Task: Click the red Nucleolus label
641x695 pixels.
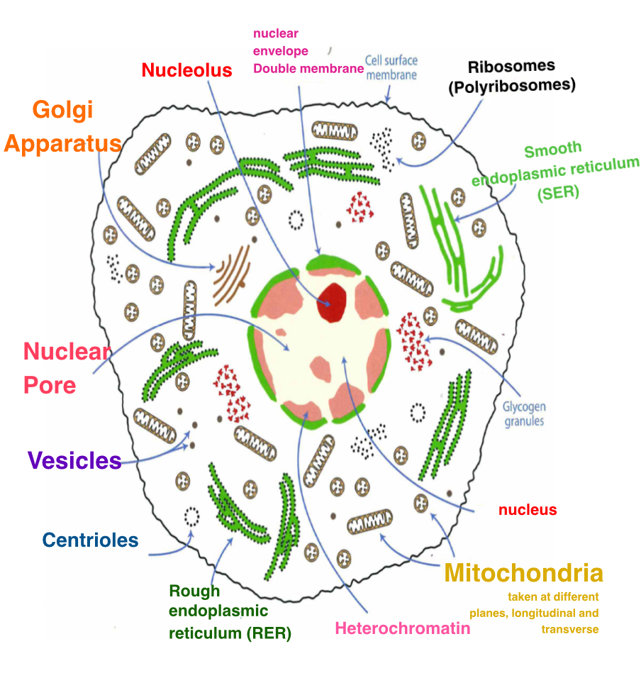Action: coord(187,70)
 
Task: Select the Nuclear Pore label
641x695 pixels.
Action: coord(67,368)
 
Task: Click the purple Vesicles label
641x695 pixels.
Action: coord(74,461)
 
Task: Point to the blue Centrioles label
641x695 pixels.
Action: coord(90,540)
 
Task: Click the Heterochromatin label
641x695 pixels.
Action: coord(402,628)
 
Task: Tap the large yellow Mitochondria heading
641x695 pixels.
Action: coord(523,573)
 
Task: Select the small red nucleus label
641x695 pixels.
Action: coord(528,510)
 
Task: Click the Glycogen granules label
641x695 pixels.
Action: coord(524,414)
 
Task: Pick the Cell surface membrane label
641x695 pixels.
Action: coord(391,68)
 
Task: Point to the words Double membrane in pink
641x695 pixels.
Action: coord(308,69)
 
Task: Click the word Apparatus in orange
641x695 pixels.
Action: coord(62,144)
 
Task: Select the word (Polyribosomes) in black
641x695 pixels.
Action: coord(521,84)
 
